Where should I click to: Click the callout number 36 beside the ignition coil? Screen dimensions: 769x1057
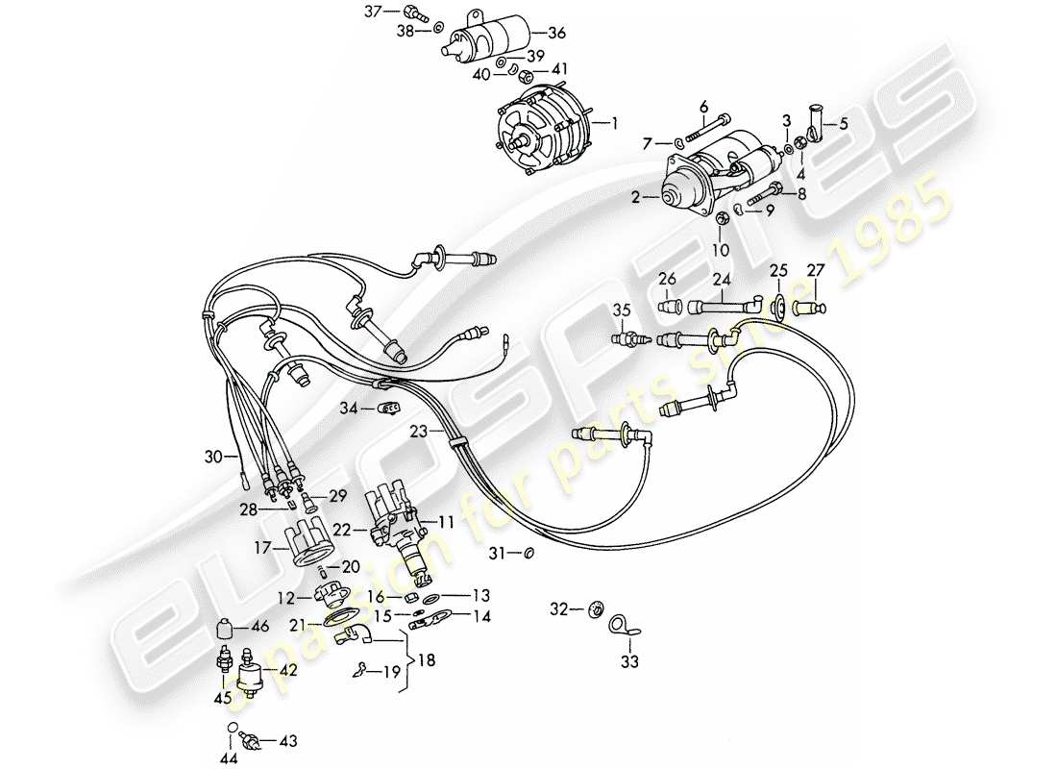tap(556, 33)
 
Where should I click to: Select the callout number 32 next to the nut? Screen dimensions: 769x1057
tap(558, 608)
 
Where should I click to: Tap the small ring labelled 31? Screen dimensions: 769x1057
tap(529, 554)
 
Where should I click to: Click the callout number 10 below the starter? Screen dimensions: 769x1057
tap(721, 249)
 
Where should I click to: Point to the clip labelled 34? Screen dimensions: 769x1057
tap(390, 409)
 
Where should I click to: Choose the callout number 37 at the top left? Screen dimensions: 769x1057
tap(372, 12)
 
